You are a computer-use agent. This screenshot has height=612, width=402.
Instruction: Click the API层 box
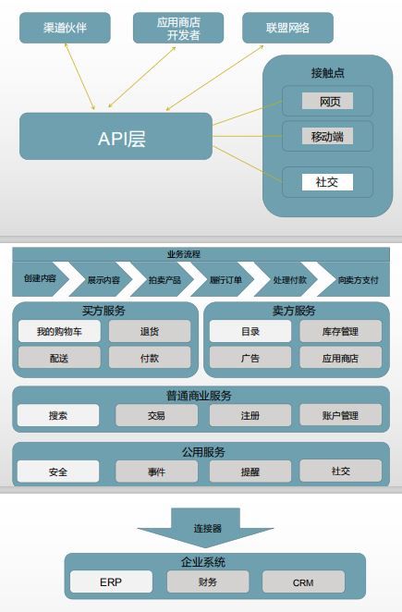[116, 136]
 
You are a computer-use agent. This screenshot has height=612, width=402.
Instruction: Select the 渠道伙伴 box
[65, 28]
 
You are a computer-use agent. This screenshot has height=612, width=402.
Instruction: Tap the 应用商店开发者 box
[178, 28]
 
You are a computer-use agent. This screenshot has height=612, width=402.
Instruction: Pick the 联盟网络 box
[287, 28]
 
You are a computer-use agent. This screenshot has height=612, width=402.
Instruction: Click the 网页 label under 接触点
[327, 101]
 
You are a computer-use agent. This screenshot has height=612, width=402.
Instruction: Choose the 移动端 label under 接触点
[327, 136]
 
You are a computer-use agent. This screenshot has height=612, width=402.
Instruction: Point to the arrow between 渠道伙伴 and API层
[79, 77]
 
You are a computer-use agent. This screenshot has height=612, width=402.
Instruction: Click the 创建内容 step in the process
[41, 278]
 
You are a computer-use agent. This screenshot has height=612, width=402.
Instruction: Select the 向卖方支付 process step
[355, 279]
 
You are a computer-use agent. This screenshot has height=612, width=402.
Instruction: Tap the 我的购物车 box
[59, 331]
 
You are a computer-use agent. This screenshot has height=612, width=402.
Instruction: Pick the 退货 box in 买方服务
[150, 331]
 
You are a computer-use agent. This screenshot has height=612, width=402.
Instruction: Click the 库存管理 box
[340, 331]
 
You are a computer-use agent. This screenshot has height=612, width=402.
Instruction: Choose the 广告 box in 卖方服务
[250, 358]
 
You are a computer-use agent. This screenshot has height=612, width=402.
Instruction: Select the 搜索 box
[58, 415]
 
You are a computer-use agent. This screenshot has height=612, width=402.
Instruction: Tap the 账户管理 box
[340, 415]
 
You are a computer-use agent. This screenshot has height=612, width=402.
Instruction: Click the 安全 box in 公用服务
[58, 471]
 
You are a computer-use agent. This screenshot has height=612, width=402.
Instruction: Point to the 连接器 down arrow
[206, 528]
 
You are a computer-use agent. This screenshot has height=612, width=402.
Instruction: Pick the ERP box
[111, 581]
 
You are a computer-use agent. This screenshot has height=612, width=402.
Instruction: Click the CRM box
[303, 581]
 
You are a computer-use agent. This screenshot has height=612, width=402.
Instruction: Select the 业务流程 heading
[183, 254]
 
